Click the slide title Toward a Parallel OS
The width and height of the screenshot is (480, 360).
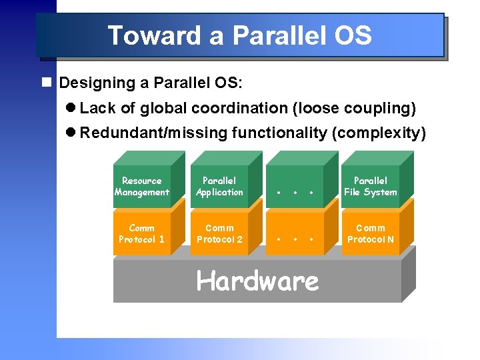(239, 35)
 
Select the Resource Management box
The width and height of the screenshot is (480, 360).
(141, 187)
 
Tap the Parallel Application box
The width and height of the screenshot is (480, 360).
(219, 187)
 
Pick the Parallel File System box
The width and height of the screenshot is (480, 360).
(370, 187)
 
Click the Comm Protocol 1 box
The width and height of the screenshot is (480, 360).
(141, 234)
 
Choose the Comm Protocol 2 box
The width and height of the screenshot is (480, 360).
(219, 234)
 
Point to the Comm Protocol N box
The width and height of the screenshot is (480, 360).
(370, 234)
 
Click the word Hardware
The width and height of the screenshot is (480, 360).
(257, 281)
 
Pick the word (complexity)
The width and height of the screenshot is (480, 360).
(378, 133)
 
